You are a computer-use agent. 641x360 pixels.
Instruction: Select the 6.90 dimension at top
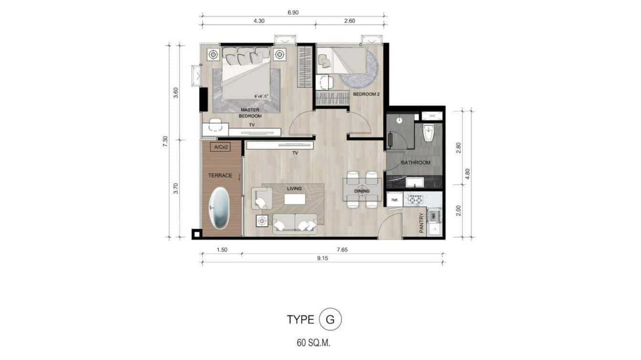point(293,12)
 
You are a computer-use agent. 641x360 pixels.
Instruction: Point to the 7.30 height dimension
point(165,141)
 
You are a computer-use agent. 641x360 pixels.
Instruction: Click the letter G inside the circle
point(330,319)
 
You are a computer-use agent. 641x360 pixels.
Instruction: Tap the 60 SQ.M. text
point(314,342)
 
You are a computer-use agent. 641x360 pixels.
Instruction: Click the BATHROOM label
point(415,163)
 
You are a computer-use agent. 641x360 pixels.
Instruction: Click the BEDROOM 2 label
point(366,95)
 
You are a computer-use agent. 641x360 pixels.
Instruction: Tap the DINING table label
point(362,191)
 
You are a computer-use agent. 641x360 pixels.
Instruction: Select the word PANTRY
point(421,223)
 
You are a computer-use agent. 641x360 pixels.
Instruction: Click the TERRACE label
point(220,176)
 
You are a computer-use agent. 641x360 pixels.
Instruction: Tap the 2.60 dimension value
point(350,21)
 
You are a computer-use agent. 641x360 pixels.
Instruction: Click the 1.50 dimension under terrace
point(221,250)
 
